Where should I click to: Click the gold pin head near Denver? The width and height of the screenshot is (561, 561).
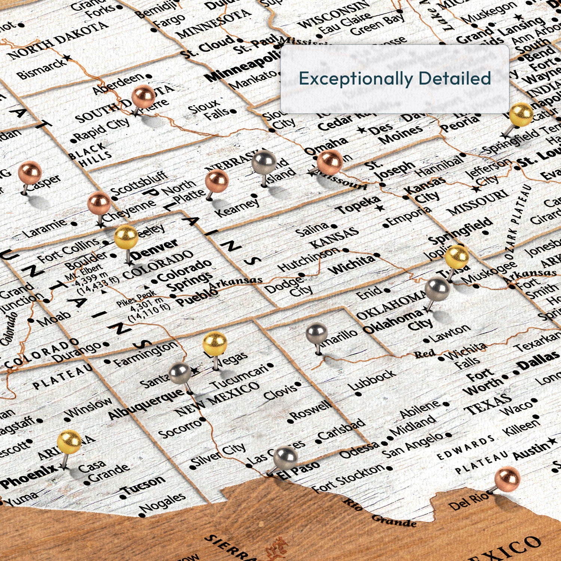(x=126, y=237)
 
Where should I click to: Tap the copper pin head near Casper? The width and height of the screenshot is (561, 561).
(x=30, y=173)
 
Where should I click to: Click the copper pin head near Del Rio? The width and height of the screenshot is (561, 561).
(x=507, y=478)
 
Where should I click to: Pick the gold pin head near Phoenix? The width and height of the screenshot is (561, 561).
(x=70, y=442)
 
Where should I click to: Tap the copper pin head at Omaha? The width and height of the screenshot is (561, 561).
(x=330, y=162)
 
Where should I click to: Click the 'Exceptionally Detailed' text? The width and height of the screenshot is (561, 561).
(x=395, y=79)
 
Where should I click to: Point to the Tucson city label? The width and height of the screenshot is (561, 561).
(x=144, y=485)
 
